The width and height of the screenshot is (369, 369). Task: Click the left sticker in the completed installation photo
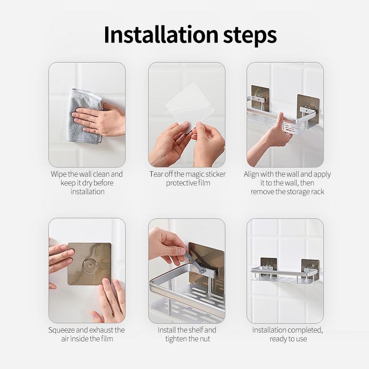point(268,266)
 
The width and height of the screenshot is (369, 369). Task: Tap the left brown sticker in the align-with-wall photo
point(260,97)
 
